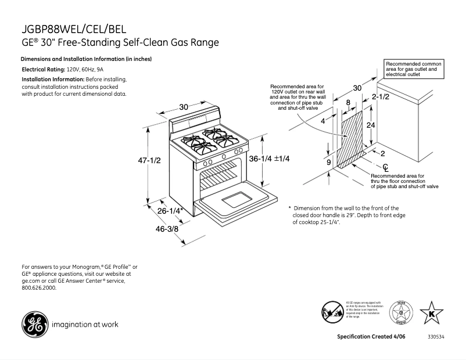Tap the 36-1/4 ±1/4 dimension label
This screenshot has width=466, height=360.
pyautogui.click(x=270, y=159)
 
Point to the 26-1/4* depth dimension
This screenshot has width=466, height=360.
pyautogui.click(x=172, y=211)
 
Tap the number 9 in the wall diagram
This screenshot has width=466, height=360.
pyautogui.click(x=328, y=163)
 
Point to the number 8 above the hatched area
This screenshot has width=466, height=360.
pyautogui.click(x=348, y=102)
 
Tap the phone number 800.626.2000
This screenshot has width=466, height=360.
pyautogui.click(x=39, y=288)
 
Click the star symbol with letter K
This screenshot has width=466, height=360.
pyautogui.click(x=431, y=314)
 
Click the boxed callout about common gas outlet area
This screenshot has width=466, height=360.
pyautogui.click(x=414, y=69)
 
